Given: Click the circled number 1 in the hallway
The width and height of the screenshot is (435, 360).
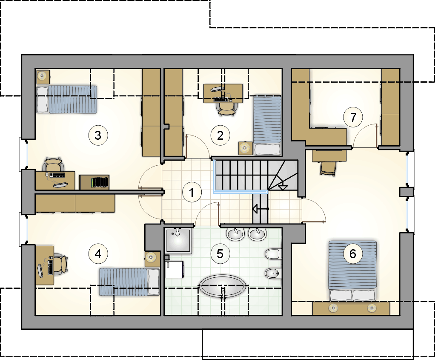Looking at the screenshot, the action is click(x=192, y=192).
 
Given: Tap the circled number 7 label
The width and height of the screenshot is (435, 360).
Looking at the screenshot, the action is click(x=353, y=117).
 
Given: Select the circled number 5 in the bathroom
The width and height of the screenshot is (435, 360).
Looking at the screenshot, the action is click(x=220, y=253).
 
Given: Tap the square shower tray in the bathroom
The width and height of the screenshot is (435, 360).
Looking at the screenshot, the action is click(x=178, y=241).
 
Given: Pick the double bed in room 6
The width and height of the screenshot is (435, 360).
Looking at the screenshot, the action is click(x=352, y=271).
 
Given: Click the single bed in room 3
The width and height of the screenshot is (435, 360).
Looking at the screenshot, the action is click(x=66, y=99).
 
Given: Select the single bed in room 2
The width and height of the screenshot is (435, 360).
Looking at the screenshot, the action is click(x=267, y=125).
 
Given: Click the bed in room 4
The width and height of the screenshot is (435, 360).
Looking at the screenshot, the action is click(x=129, y=282).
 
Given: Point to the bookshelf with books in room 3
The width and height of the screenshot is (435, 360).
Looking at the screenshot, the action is click(x=94, y=182).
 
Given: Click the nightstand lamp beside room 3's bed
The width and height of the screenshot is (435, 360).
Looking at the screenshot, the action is click(x=43, y=77).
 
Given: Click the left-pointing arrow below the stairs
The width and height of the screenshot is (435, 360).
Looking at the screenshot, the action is click(x=260, y=209).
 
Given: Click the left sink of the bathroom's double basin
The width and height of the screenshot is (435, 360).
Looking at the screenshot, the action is click(x=235, y=234).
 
